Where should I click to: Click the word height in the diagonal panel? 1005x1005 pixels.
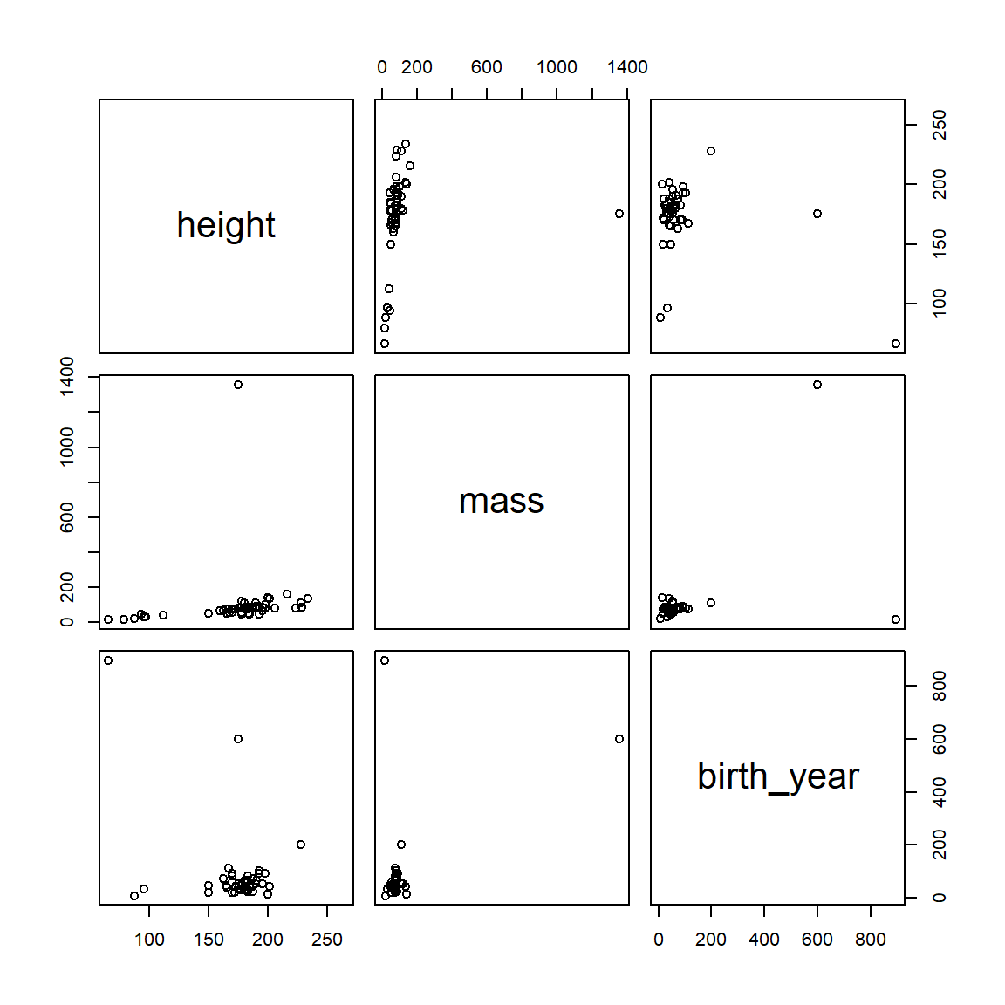click(x=226, y=225)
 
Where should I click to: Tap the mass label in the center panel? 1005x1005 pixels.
click(x=501, y=502)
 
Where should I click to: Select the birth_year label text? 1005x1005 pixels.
click(x=777, y=776)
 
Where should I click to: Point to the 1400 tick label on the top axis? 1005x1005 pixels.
click(x=627, y=67)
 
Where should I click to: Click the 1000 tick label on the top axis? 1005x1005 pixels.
click(x=557, y=67)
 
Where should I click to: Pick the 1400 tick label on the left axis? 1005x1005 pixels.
click(x=67, y=377)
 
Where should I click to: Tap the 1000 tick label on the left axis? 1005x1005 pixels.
click(x=67, y=447)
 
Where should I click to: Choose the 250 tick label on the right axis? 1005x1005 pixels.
click(x=939, y=125)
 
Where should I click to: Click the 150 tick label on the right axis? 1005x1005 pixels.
click(x=939, y=243)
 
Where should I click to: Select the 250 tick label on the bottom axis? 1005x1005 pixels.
click(x=326, y=940)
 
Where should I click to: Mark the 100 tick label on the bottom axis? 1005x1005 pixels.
click(x=149, y=940)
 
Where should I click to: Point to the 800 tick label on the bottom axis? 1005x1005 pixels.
click(x=870, y=940)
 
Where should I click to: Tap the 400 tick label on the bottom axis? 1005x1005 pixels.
click(x=764, y=940)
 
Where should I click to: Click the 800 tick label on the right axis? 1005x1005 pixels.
click(x=939, y=686)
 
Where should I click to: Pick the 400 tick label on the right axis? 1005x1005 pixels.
click(x=939, y=792)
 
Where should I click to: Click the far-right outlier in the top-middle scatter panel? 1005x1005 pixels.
click(x=619, y=214)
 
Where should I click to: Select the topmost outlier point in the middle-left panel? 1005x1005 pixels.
click(x=238, y=385)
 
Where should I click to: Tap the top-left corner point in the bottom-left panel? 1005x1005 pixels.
click(x=108, y=660)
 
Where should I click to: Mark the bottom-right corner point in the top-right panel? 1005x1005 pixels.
click(x=896, y=344)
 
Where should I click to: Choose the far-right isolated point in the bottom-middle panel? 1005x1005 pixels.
click(x=619, y=739)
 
